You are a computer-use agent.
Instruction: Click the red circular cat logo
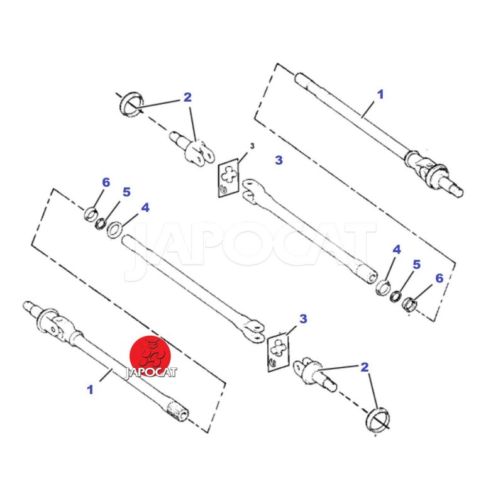(x=150, y=355)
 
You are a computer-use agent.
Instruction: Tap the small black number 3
(x=252, y=146)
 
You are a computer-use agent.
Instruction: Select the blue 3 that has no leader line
(x=279, y=160)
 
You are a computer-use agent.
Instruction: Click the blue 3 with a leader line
(x=303, y=319)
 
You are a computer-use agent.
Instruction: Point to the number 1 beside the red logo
(x=90, y=390)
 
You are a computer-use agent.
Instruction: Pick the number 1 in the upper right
(x=380, y=94)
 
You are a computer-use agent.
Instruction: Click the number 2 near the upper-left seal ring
(x=187, y=97)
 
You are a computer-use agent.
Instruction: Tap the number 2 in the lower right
(x=365, y=368)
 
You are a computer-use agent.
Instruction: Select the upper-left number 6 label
(x=106, y=182)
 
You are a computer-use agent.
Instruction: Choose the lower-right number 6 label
(x=439, y=278)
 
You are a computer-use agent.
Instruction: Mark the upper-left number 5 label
(x=126, y=192)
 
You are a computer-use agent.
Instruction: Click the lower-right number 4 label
(x=397, y=250)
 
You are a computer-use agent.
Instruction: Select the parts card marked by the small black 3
(x=229, y=178)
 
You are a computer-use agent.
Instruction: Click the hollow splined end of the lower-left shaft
(x=177, y=411)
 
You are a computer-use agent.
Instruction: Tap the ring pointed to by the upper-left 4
(x=114, y=229)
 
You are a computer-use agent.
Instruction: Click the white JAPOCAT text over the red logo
(x=150, y=372)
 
